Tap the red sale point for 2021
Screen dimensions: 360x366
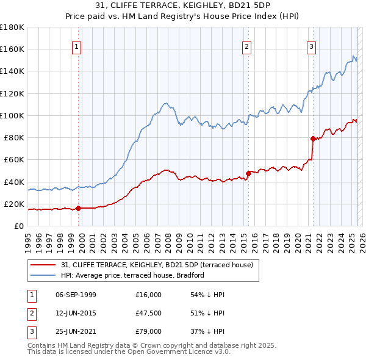click(x=313, y=139)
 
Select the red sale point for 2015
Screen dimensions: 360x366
click(x=249, y=173)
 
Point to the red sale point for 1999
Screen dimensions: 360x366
click(x=79, y=208)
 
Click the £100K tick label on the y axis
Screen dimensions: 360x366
click(x=12, y=115)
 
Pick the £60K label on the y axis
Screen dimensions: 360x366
click(x=14, y=159)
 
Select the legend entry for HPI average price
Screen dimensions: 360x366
click(x=132, y=275)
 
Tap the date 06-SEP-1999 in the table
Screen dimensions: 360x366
click(x=76, y=295)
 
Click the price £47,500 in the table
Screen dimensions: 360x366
click(x=148, y=313)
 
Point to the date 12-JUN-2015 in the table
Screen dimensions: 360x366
click(x=76, y=313)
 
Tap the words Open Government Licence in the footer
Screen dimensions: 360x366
click(x=180, y=351)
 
